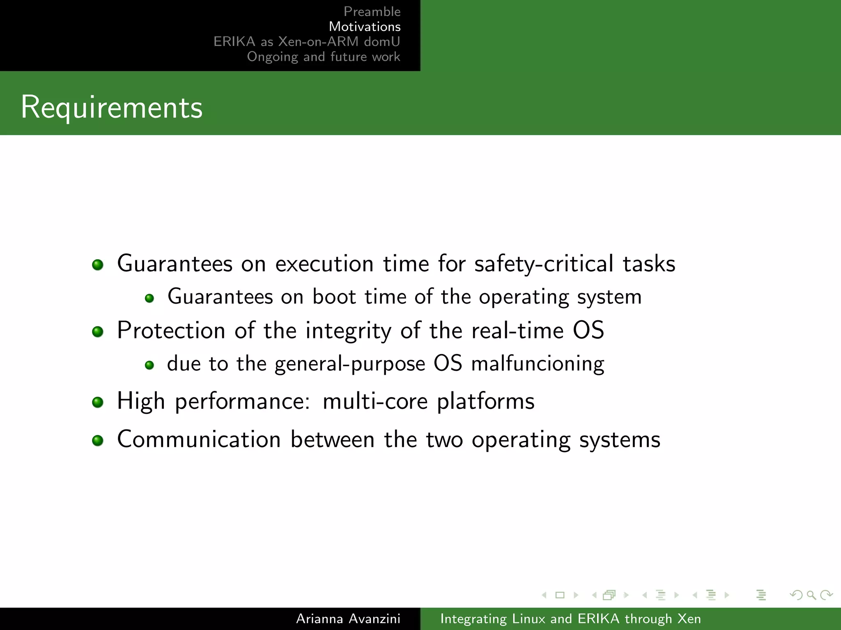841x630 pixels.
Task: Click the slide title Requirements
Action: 112,107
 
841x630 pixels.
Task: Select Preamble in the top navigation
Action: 372,11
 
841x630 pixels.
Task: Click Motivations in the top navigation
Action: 364,27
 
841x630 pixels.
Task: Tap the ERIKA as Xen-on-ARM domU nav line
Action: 306,41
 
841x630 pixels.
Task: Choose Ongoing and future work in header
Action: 323,57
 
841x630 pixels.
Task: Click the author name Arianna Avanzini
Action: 348,619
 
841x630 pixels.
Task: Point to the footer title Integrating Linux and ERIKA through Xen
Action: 570,619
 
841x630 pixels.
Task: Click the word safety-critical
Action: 544,263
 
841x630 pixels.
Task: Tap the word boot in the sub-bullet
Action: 334,297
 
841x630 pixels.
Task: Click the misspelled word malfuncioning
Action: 538,364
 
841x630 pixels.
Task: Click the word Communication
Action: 199,439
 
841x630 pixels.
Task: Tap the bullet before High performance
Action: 98,402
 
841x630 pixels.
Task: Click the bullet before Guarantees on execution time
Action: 98,265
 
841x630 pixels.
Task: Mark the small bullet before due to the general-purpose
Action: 149,365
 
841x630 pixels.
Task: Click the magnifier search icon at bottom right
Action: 811,595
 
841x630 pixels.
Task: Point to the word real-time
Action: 517,330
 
